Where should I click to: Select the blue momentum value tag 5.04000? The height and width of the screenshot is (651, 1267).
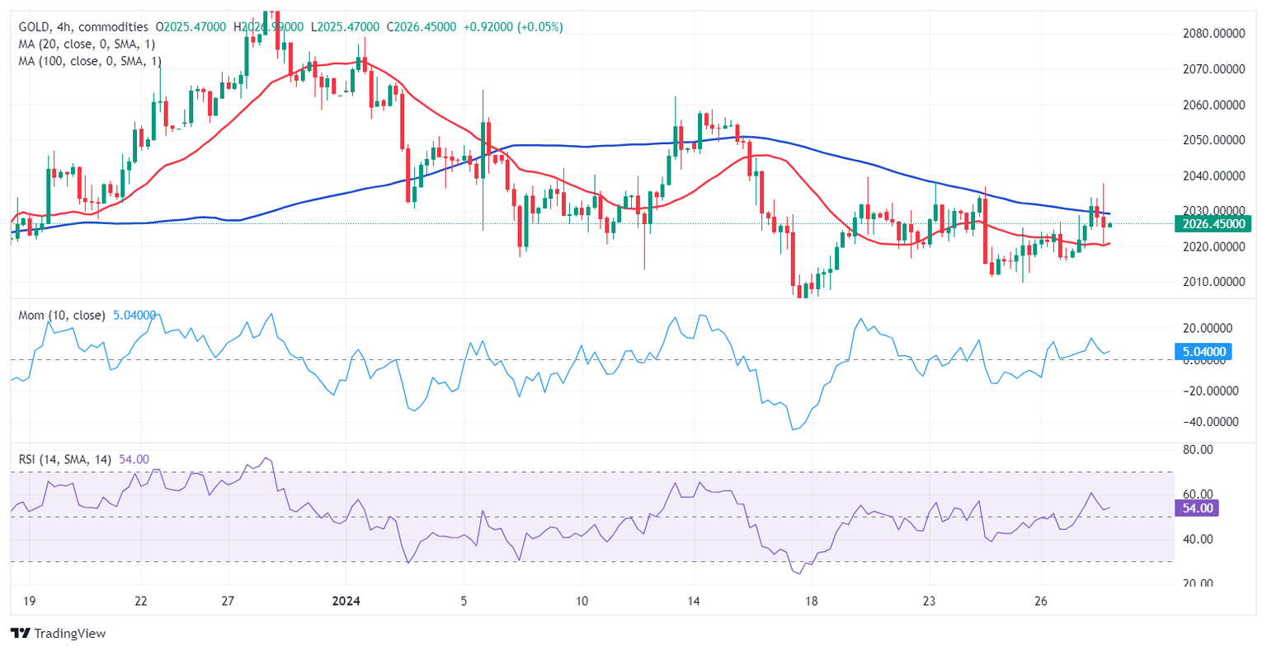1203,352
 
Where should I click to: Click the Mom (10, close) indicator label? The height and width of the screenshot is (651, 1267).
63,315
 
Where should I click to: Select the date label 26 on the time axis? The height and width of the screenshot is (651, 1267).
1041,601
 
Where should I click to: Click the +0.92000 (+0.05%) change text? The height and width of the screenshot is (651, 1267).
513,27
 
